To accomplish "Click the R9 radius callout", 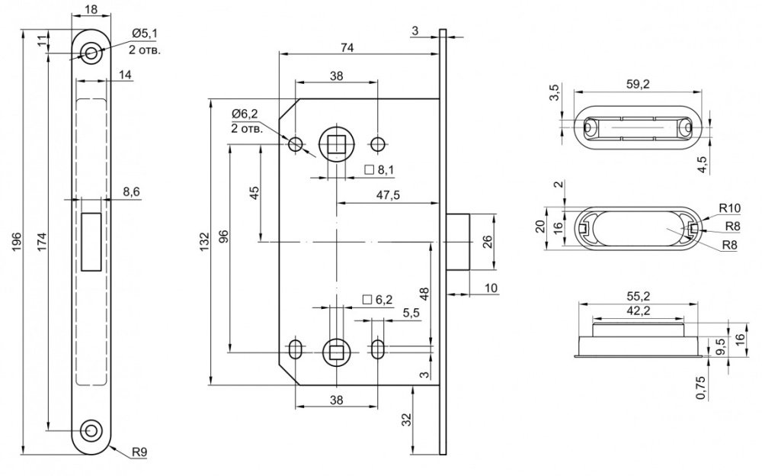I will click(x=139, y=452).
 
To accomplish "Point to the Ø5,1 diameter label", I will click(x=144, y=34).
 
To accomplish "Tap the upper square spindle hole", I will click(x=335, y=143).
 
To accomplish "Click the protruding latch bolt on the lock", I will click(x=459, y=242).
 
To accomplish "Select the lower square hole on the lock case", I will click(x=335, y=351).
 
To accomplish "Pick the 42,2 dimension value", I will click(x=637, y=310).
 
